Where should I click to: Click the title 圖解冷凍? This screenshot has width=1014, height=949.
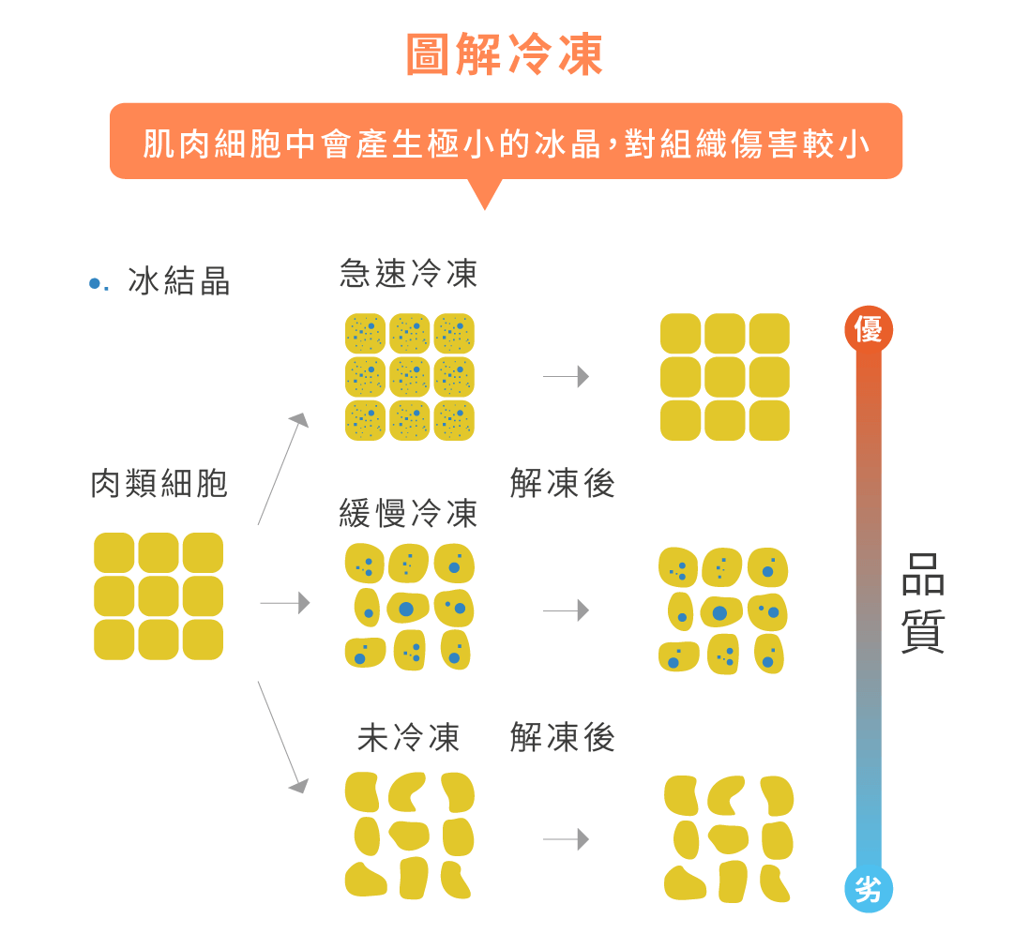[505, 55]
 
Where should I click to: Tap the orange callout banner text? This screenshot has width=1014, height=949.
[507, 143]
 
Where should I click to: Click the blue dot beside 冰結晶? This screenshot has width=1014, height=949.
[94, 283]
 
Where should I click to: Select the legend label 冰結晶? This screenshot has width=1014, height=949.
[179, 281]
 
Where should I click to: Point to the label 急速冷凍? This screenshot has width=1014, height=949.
[409, 274]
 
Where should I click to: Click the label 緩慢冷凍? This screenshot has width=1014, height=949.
[409, 513]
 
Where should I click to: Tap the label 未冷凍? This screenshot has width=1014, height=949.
[409, 738]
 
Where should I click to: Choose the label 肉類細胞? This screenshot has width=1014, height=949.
[159, 484]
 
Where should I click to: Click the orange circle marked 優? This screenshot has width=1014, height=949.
[868, 329]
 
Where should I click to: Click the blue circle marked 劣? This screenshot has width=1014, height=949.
[868, 888]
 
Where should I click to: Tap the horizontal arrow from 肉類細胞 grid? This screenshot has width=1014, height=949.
[285, 603]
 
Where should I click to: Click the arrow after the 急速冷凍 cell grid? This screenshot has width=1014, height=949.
[567, 376]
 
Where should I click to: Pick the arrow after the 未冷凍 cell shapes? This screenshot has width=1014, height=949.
[567, 839]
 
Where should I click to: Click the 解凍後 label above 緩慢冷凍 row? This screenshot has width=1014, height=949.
[562, 484]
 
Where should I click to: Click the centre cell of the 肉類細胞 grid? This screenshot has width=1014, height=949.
[159, 596]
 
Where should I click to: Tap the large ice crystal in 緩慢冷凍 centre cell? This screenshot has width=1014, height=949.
[406, 610]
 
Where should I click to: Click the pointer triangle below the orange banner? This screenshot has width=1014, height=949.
[484, 195]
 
